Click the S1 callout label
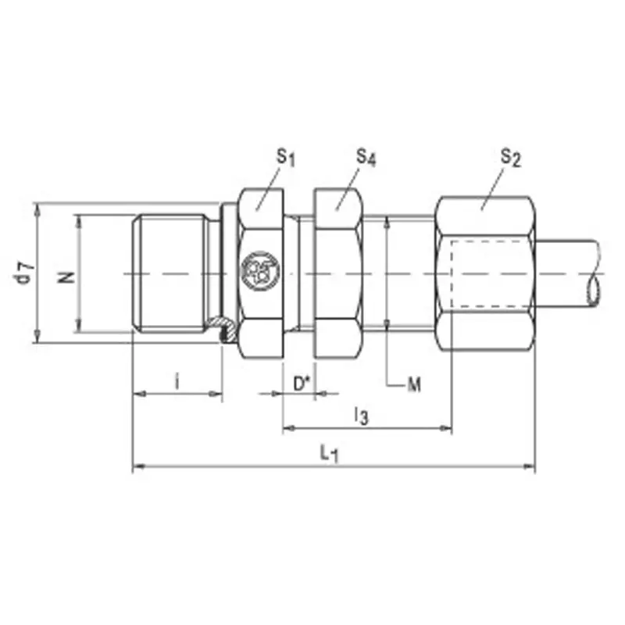[x=286, y=158]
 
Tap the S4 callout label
[x=366, y=158]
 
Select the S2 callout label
[x=511, y=158]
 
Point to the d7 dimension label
[x=25, y=273]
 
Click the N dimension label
[x=66, y=277]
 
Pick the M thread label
[x=414, y=385]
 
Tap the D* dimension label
[x=302, y=384]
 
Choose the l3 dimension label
[x=362, y=416]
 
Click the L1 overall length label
[x=329, y=454]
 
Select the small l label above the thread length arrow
[x=177, y=381]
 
